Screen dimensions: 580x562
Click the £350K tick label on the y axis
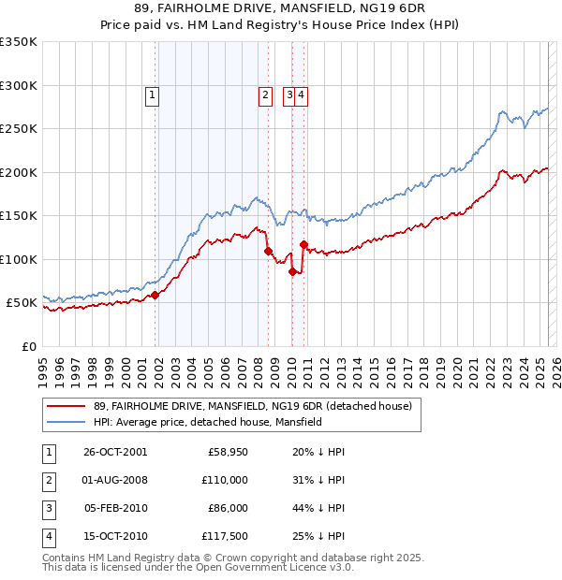click(x=19, y=42)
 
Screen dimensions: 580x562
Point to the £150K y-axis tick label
click(x=19, y=216)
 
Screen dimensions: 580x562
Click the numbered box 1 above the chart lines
click(x=151, y=94)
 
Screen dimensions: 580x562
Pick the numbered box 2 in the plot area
click(x=265, y=94)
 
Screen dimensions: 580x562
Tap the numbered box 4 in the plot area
click(x=303, y=94)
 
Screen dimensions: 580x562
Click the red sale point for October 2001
click(x=156, y=295)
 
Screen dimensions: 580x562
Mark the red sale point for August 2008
click(x=269, y=251)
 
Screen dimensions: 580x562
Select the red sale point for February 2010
click(x=293, y=271)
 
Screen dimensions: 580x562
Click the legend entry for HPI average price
click(x=207, y=422)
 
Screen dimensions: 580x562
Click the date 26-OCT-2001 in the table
click(x=115, y=453)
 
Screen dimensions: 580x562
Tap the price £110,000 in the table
click(x=225, y=481)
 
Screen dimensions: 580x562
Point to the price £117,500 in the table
click(x=225, y=537)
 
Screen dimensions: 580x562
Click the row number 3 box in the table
click(x=48, y=509)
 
